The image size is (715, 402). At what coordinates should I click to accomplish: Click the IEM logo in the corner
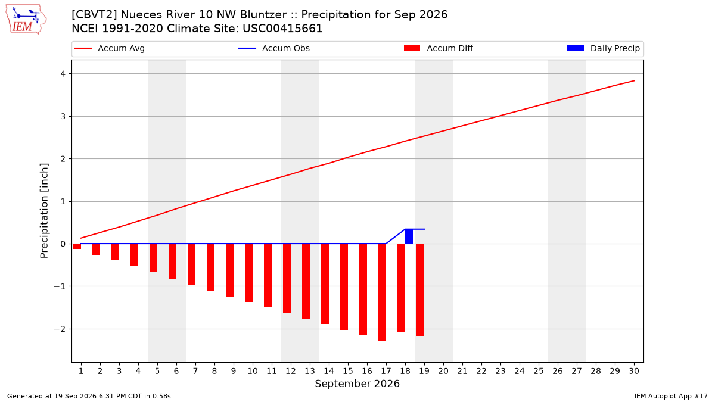point(26,20)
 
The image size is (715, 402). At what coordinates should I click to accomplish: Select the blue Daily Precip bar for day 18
point(409,236)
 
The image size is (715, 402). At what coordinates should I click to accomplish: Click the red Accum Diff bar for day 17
point(382,292)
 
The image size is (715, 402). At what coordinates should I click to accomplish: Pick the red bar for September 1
point(77,247)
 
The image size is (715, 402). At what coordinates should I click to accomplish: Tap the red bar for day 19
point(421,290)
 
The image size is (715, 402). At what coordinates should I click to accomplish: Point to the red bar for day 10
point(248,273)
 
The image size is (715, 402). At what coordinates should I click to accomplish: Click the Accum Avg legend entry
point(110,48)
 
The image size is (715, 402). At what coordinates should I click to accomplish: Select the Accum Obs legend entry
point(274,48)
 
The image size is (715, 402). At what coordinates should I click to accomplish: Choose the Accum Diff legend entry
point(439,48)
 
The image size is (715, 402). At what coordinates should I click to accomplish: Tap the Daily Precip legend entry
point(603,48)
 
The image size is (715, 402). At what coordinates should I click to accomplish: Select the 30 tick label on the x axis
point(634,371)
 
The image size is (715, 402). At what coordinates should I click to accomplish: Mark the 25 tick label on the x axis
point(539,371)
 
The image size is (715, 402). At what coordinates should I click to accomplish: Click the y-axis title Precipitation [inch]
point(44,211)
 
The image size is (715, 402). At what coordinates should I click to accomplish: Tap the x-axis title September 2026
point(357,384)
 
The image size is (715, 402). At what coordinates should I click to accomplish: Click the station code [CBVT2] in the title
point(95,15)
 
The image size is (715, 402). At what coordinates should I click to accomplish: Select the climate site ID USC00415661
point(282,29)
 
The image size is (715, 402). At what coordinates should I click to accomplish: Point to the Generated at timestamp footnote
point(89,396)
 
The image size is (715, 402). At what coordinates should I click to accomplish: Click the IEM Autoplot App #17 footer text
point(671,396)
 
